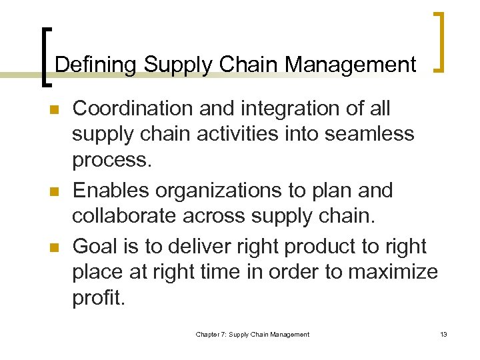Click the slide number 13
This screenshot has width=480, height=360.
(443, 334)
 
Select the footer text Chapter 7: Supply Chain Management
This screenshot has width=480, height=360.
(252, 334)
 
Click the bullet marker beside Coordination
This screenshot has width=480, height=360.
(45, 109)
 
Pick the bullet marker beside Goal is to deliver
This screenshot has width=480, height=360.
(45, 248)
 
